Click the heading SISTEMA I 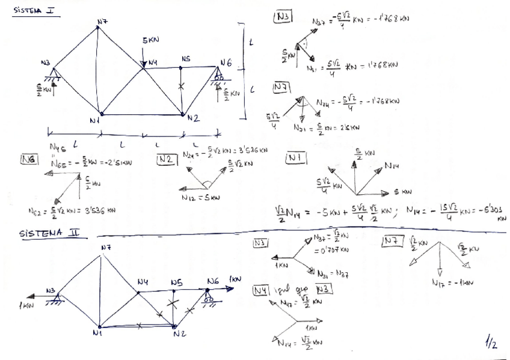pyautogui.click(x=35, y=10)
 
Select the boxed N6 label pyautogui.click(x=29, y=159)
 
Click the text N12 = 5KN pyautogui.click(x=200, y=197)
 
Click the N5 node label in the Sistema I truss pyautogui.click(x=185, y=59)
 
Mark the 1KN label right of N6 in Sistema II pyautogui.click(x=235, y=279)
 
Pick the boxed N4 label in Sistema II pyautogui.click(x=261, y=290)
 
